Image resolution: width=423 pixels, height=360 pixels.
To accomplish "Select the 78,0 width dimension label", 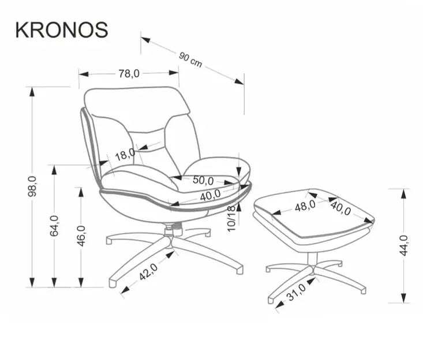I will pyautogui.click(x=129, y=73).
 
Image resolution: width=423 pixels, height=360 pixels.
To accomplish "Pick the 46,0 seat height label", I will pyautogui.click(x=81, y=235).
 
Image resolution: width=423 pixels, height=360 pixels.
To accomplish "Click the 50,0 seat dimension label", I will pyautogui.click(x=203, y=180).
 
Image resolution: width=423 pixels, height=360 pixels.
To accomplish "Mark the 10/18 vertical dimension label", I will pyautogui.click(x=232, y=218).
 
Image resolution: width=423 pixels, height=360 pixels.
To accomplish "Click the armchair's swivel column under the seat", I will pyautogui.click(x=171, y=229).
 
